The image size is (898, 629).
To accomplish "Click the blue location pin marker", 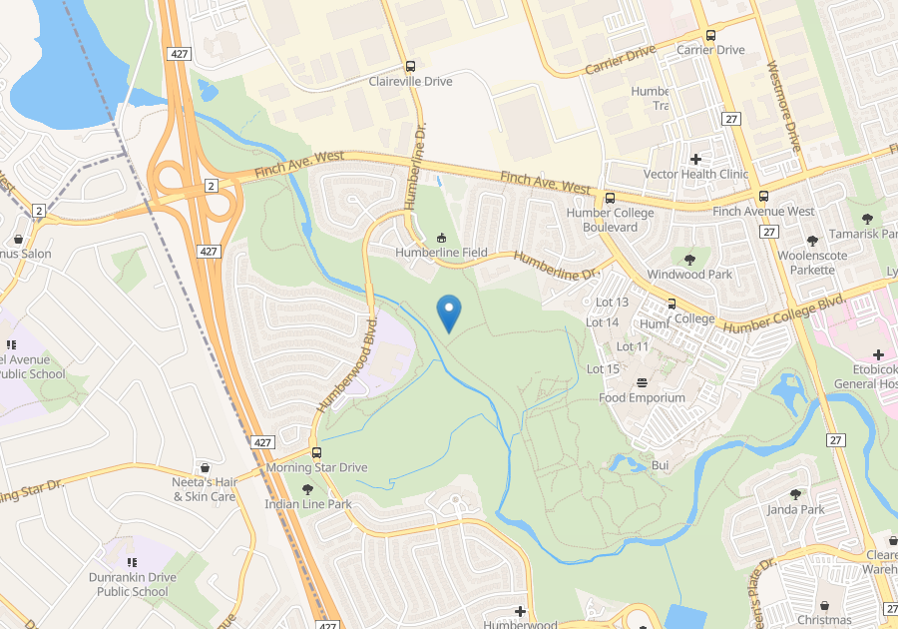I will tap(449, 314).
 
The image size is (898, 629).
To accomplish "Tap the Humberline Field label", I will tap(441, 253).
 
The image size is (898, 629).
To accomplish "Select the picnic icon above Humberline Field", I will tap(441, 238).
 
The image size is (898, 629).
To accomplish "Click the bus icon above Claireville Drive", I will tap(411, 66).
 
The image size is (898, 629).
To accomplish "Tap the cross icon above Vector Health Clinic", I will tap(695, 159).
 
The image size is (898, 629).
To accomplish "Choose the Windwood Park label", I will tap(689, 275).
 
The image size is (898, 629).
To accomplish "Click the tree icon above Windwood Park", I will tap(689, 260).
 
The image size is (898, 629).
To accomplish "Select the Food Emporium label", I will tap(642, 397).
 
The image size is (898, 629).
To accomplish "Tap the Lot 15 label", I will tap(603, 369).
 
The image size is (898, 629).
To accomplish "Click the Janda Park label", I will tap(795, 509).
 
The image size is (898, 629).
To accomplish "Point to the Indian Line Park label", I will tap(307, 504).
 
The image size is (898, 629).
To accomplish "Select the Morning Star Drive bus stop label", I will tap(316, 467).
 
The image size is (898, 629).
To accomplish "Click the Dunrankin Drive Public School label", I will tap(133, 584).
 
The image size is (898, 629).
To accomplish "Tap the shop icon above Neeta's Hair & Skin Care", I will tap(205, 466).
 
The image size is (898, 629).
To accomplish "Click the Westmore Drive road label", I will tap(783, 109).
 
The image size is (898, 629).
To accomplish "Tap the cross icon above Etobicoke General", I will tap(877, 354).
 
